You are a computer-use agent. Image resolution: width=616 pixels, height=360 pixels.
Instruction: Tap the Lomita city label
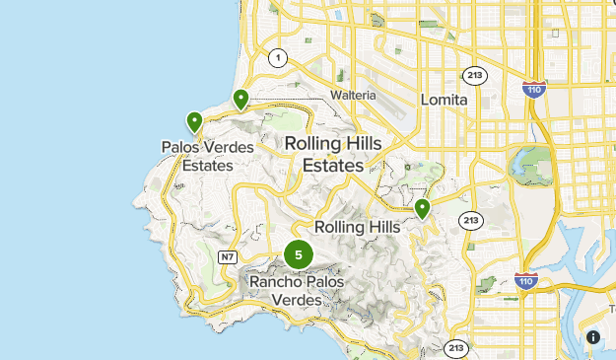pyautogui.click(x=443, y=100)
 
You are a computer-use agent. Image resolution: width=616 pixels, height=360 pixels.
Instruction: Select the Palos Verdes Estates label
pyautogui.click(x=207, y=156)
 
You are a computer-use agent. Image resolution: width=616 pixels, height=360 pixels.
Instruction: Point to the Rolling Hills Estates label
pyautogui.click(x=333, y=154)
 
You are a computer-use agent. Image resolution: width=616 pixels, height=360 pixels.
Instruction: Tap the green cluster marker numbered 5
pyautogui.click(x=299, y=254)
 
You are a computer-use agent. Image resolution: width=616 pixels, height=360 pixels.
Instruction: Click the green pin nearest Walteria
pyautogui.click(x=240, y=99)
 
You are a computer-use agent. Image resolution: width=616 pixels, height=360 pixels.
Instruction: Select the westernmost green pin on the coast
pyautogui.click(x=194, y=122)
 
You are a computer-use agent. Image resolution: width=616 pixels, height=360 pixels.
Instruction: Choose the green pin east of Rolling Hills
pyautogui.click(x=422, y=209)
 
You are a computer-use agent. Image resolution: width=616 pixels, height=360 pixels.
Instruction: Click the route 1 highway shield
pyautogui.click(x=280, y=57)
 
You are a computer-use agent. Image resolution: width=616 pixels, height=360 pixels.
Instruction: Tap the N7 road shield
pyautogui.click(x=228, y=257)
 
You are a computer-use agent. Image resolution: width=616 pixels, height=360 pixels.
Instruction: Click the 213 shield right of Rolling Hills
pyautogui.click(x=470, y=220)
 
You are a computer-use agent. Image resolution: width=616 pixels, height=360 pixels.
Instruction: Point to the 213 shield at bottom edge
pyautogui.click(x=455, y=348)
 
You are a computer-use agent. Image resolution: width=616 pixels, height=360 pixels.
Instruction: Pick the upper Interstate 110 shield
pyautogui.click(x=531, y=86)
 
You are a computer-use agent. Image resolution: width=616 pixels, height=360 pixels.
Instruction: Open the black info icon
pyautogui.click(x=592, y=337)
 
